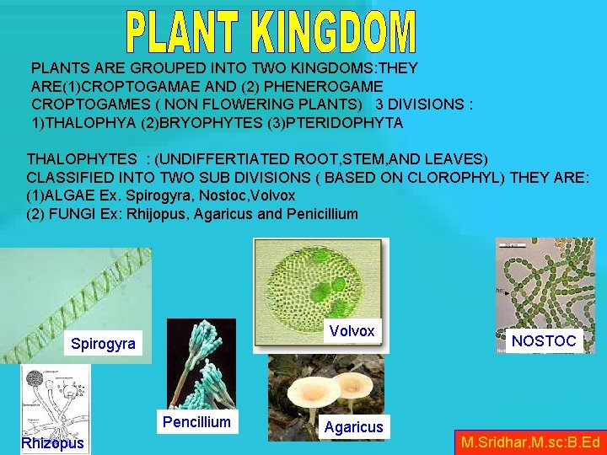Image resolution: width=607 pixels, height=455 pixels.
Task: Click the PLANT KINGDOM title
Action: pos(271,32)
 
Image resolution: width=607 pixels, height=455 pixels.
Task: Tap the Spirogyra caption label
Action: pos(102,344)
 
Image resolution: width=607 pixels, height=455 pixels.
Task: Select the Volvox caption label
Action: pos(352,331)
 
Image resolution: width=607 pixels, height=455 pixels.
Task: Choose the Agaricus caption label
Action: pos(354,427)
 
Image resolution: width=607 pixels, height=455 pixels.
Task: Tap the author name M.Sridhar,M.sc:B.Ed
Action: pos(530,442)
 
